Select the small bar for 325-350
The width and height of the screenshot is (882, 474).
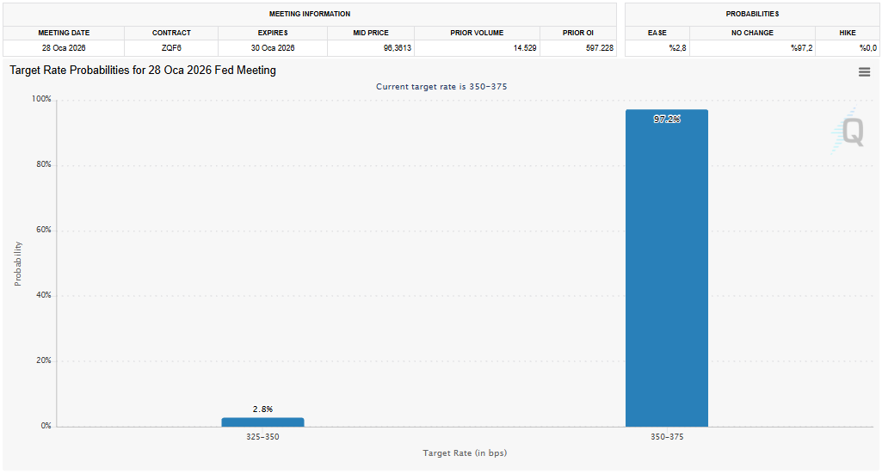point(262,422)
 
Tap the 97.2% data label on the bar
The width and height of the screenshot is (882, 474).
point(667,120)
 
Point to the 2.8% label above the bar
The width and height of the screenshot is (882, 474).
point(262,409)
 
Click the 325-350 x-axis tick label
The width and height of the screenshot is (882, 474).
point(262,437)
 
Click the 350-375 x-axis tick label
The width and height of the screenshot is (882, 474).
point(667,437)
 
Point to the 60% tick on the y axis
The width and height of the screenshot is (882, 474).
point(42,231)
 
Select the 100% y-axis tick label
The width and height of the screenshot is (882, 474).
point(41,100)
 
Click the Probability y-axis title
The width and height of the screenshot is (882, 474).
point(18,263)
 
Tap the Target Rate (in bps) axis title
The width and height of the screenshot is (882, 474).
point(465,452)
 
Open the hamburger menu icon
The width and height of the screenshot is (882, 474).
point(864,72)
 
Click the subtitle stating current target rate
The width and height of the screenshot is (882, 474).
point(447,87)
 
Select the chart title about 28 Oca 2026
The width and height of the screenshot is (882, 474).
point(143,71)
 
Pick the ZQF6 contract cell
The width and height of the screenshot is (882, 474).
point(171,48)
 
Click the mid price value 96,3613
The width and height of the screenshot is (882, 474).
point(392,48)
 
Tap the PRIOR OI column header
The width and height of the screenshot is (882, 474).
point(578,33)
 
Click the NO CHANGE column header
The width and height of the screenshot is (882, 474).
point(752,33)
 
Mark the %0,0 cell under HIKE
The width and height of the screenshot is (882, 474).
point(868,48)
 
